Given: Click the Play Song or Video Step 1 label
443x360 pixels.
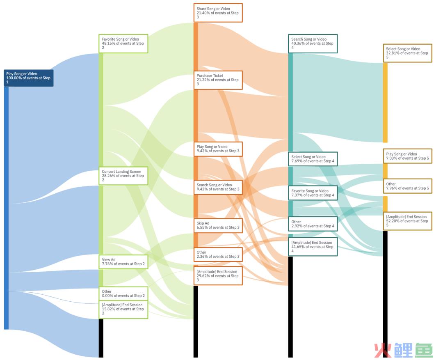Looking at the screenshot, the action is pos(29,78).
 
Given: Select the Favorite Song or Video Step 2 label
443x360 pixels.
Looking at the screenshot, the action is pos(123,44).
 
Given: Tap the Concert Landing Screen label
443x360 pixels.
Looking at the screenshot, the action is pos(123,176).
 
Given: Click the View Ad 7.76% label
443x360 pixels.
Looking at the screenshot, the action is pos(123,261).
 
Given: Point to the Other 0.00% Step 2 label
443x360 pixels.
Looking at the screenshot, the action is pos(123,294).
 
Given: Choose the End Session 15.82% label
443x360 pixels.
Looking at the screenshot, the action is pos(123,309).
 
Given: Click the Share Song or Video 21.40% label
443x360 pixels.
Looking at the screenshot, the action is pos(218,13).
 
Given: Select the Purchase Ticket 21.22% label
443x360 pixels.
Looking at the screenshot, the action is pos(218,80).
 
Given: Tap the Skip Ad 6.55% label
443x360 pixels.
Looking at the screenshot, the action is pos(218,225).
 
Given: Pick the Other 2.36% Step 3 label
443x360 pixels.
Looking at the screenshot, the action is pos(218,255).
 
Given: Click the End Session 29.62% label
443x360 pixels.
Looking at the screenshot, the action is pos(218,276).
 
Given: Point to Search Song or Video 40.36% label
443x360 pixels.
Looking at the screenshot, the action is pos(313,44).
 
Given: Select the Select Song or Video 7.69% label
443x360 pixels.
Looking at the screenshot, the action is pos(313,159).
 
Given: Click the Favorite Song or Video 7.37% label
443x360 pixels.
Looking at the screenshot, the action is pos(313,193).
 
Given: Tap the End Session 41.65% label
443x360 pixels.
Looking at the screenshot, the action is pos(313,247).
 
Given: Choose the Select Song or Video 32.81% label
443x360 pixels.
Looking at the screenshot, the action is pos(407,53).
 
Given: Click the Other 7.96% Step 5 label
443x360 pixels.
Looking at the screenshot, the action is pos(407,186).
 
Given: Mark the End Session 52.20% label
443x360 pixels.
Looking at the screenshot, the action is pos(407,221).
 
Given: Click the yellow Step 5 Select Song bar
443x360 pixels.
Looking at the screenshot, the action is pos(385,103).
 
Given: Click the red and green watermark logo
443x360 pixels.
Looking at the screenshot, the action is pos(404,350).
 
